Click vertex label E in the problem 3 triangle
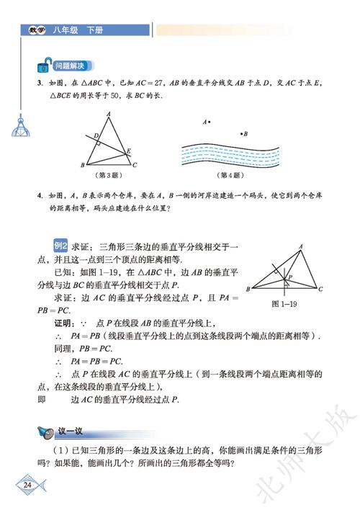pyautogui.click(x=129, y=151)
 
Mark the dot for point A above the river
pyautogui.click(x=209, y=122)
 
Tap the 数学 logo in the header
pyautogui.click(x=37, y=30)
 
